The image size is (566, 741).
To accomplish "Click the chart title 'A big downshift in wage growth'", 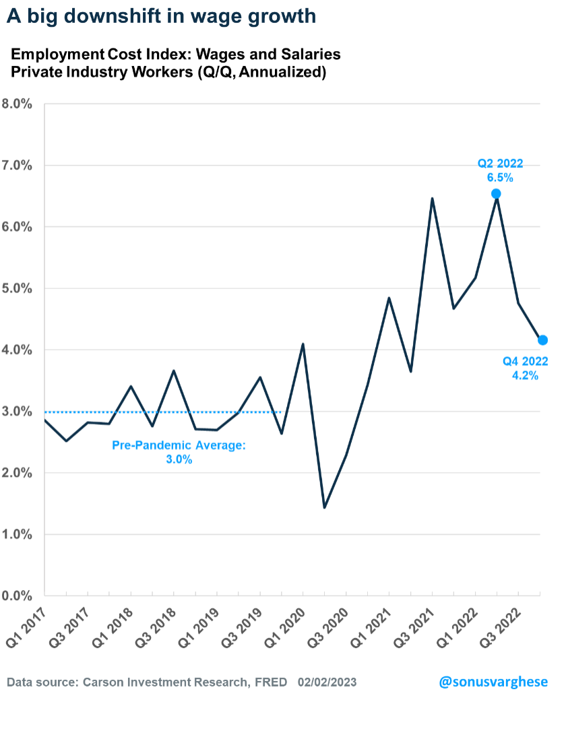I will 161,16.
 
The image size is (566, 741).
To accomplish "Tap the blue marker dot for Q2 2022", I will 497,194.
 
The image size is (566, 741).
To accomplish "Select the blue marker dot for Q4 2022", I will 542,340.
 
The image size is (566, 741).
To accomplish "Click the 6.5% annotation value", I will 500,179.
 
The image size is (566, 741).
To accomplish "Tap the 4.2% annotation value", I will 525,376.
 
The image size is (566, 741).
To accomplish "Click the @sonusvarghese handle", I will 493,682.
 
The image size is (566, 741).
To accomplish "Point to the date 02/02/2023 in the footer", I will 327,682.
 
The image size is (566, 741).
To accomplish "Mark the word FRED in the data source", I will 270,682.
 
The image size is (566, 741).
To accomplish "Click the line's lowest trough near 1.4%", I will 325,507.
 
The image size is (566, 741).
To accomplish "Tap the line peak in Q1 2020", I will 303,344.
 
